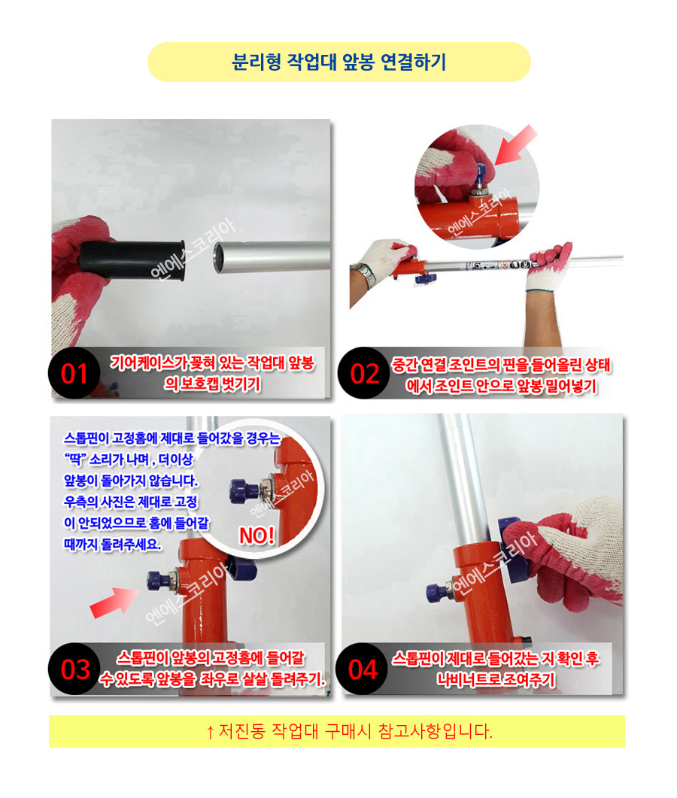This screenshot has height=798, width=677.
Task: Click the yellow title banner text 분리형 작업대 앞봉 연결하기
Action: click(339, 62)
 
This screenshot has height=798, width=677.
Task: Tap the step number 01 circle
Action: click(74, 374)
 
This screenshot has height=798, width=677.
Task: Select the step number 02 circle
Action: click(364, 374)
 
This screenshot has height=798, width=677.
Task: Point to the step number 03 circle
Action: click(74, 669)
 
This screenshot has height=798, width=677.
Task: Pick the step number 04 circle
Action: click(363, 669)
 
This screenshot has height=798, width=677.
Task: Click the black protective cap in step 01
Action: click(132, 260)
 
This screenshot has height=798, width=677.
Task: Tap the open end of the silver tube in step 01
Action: click(220, 257)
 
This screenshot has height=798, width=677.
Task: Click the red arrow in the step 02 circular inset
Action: click(515, 145)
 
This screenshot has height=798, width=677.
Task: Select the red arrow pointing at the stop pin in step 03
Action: click(114, 602)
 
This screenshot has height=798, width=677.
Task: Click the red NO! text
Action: click(257, 536)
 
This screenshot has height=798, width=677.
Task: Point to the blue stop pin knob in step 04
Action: click(437, 591)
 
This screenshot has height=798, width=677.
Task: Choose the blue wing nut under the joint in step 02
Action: click(426, 278)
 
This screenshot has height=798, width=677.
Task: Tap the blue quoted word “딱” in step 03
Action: click(75, 459)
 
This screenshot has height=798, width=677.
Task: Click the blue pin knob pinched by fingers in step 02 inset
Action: click(481, 174)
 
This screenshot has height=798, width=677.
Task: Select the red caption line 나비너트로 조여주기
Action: click(495, 679)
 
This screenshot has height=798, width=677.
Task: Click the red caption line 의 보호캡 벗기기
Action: click(212, 384)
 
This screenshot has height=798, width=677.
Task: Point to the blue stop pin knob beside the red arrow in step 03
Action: click(158, 581)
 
